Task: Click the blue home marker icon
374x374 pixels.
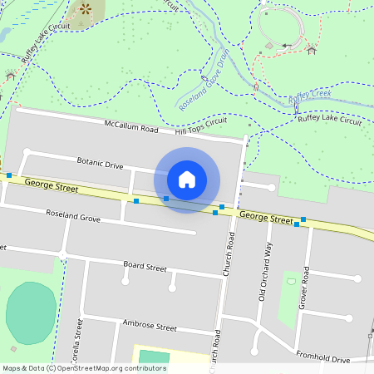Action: point(187,180)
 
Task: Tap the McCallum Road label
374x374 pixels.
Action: point(130,129)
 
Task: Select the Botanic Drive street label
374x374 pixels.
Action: point(100,162)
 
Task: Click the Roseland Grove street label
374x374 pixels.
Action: point(73,219)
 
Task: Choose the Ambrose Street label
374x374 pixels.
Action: point(150,325)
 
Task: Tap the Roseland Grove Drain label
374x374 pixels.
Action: point(203,80)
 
